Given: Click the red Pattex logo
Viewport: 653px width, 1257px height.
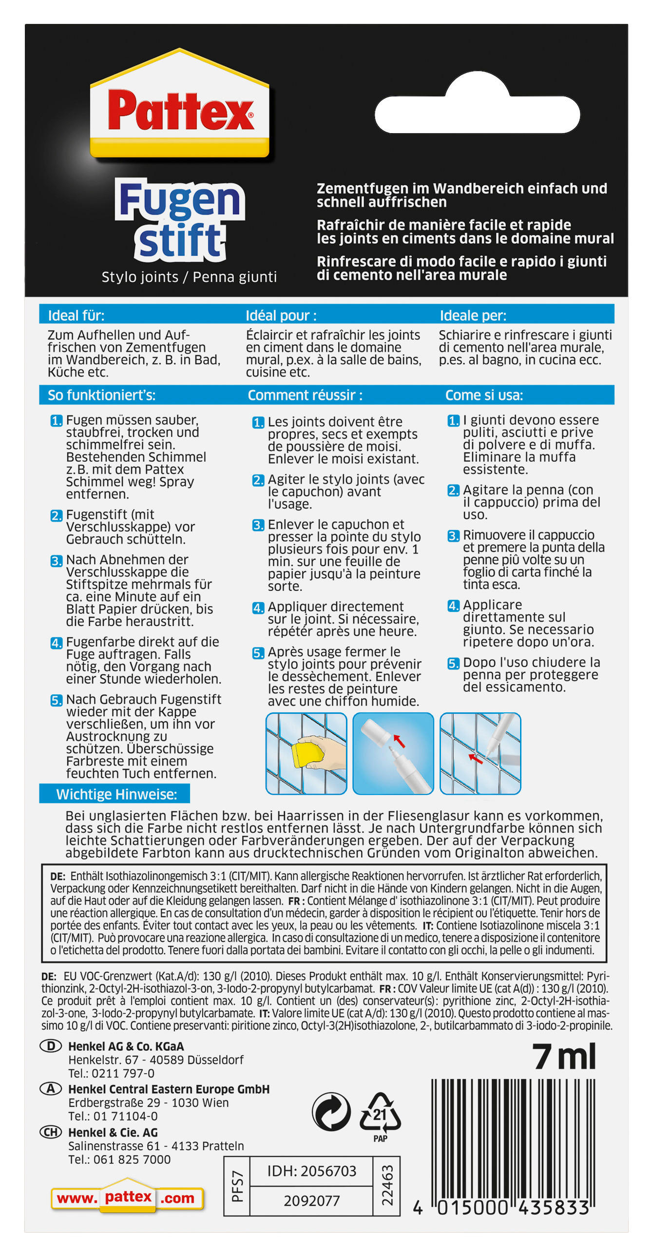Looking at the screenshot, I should (180, 111).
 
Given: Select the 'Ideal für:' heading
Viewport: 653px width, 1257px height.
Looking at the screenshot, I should (76, 315).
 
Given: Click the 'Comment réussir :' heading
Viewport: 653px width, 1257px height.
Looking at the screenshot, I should (305, 395).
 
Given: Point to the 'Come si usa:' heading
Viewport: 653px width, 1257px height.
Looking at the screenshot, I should (484, 395).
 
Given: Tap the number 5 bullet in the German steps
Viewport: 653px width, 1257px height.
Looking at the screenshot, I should (57, 700).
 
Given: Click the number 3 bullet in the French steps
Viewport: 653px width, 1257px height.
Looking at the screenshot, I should (258, 525).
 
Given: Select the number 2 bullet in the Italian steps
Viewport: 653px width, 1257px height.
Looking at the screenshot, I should (454, 490).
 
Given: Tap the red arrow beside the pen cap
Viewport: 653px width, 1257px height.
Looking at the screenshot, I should (399, 741).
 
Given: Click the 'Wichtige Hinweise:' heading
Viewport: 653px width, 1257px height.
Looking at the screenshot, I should (116, 794).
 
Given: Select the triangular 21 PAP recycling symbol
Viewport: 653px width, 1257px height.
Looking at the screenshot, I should (380, 1113).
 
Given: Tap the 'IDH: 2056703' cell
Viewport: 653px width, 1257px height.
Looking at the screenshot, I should (311, 1171).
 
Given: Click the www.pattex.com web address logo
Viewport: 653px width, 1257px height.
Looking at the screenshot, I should (127, 1198).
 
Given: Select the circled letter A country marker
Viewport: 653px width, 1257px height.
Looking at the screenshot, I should (51, 1089).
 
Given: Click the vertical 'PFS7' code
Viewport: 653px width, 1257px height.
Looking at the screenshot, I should (237, 1186).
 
